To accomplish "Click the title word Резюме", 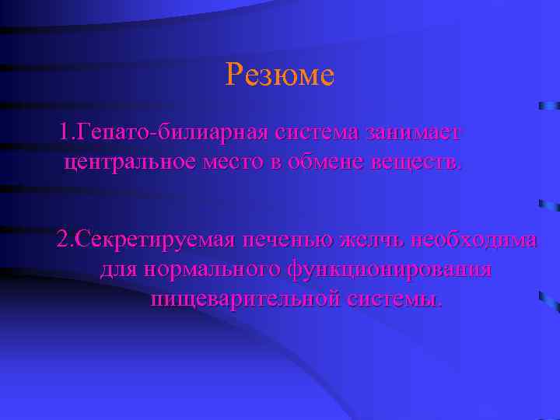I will pos(279,75).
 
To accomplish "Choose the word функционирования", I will pos(390,270).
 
